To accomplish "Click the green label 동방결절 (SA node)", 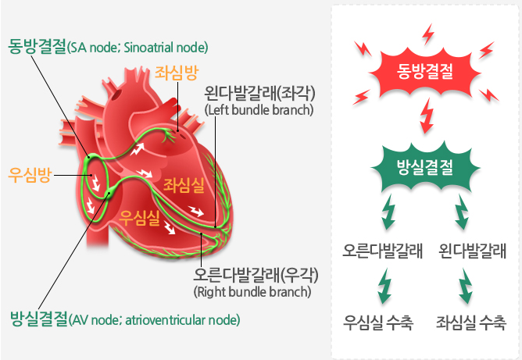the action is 108,47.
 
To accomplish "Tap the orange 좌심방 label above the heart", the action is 177,73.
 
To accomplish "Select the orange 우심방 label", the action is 30,175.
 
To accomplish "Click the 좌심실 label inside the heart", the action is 184,185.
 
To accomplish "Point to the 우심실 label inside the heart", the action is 140,218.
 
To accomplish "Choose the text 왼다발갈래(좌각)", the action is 259,93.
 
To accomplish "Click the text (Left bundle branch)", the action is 259,110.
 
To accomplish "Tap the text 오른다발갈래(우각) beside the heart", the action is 256,275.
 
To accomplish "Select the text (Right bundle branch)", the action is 252,292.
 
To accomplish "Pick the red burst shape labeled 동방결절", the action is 425,72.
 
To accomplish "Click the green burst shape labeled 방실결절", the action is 425,167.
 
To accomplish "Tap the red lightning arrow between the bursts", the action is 427,116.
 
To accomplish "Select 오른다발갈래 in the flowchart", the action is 382,251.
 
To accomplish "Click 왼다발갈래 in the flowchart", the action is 473,251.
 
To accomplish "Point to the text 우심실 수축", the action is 378,322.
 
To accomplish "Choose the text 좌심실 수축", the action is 471,322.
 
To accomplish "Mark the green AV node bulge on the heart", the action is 109,194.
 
